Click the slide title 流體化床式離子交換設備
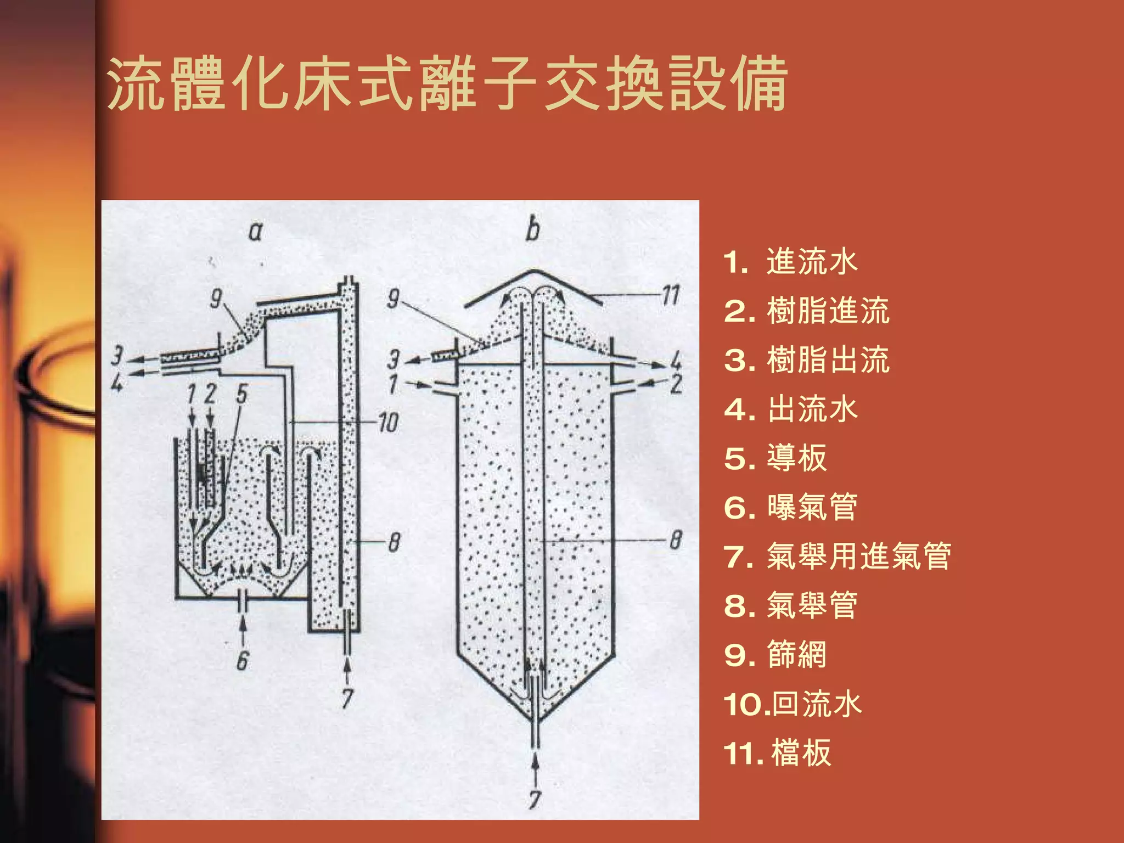447,83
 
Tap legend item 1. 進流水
790,261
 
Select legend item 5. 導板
775,458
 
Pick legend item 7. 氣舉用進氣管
837,556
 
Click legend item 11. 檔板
777,752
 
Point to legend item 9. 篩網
775,654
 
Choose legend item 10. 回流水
793,704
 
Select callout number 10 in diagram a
388,423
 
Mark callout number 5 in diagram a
242,394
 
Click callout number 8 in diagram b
676,540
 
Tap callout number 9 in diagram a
216,299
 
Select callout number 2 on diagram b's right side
676,384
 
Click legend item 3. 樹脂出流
806,360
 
